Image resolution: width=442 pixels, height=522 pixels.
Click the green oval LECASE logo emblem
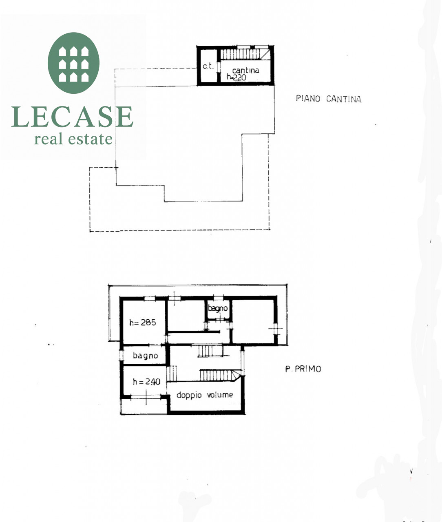[x=73, y=63]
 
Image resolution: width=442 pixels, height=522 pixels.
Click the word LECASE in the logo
[x=72, y=117]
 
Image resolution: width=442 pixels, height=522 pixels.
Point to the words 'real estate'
[x=73, y=139]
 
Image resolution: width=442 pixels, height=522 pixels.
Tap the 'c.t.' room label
[x=208, y=66]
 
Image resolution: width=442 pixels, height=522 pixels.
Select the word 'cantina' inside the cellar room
[x=245, y=70]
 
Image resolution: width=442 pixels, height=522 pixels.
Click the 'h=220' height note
[x=236, y=77]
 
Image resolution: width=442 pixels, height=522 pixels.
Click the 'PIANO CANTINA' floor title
[x=329, y=99]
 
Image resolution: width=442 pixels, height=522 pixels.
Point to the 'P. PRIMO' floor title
[x=303, y=369]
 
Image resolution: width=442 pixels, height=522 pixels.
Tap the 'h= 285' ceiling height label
[x=143, y=323]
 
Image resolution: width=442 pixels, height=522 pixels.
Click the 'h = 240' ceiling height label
[x=146, y=381]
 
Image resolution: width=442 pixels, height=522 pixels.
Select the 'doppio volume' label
[x=205, y=395]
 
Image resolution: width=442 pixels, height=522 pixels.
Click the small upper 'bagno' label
[x=218, y=308]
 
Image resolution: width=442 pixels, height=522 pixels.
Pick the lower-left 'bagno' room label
[x=145, y=356]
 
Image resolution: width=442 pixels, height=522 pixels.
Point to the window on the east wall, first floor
[x=276, y=329]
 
